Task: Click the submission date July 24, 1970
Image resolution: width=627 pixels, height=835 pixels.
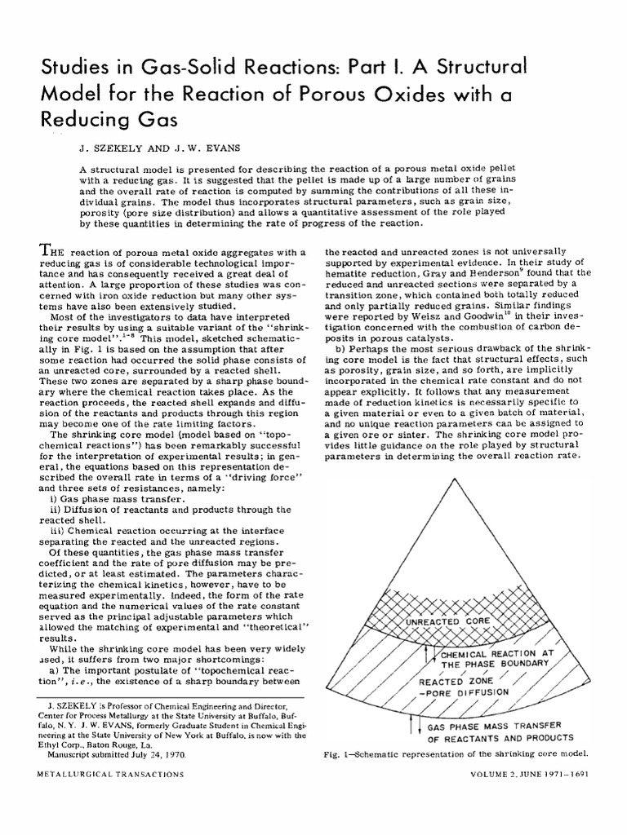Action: click(160, 755)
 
